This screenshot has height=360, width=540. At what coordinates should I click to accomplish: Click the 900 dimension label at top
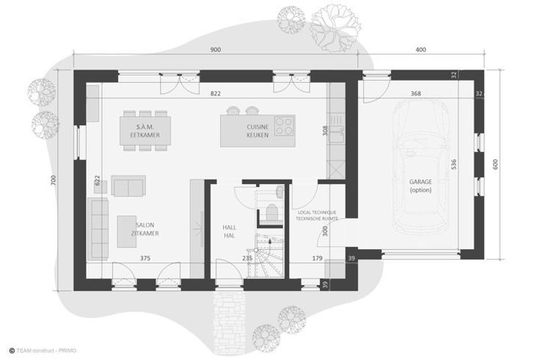215,50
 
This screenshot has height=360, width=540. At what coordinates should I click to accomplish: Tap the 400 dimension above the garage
420,50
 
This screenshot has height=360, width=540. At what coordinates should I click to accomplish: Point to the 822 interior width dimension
215,93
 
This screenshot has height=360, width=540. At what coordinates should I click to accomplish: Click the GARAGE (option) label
420,185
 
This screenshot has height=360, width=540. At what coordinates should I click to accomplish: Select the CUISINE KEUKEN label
258,131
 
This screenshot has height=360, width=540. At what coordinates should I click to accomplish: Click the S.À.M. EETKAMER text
145,131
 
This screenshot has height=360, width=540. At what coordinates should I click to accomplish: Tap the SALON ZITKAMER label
145,229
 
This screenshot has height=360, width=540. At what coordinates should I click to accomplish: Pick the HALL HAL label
229,231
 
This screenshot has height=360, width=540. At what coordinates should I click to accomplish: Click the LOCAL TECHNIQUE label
317,213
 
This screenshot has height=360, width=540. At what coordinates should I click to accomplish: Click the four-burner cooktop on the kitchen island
284,126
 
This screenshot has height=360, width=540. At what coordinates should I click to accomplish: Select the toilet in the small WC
272,213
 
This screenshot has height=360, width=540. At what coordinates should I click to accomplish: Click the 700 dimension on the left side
53,180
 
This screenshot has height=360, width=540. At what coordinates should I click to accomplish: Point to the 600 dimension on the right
495,164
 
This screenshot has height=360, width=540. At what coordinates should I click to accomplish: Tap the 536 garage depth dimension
453,164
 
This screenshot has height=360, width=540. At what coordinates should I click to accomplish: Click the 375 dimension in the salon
145,258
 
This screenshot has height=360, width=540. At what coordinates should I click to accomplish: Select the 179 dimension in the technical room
317,258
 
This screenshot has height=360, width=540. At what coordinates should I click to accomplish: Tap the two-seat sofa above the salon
128,186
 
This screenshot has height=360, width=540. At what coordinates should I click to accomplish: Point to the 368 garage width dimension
416,93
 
